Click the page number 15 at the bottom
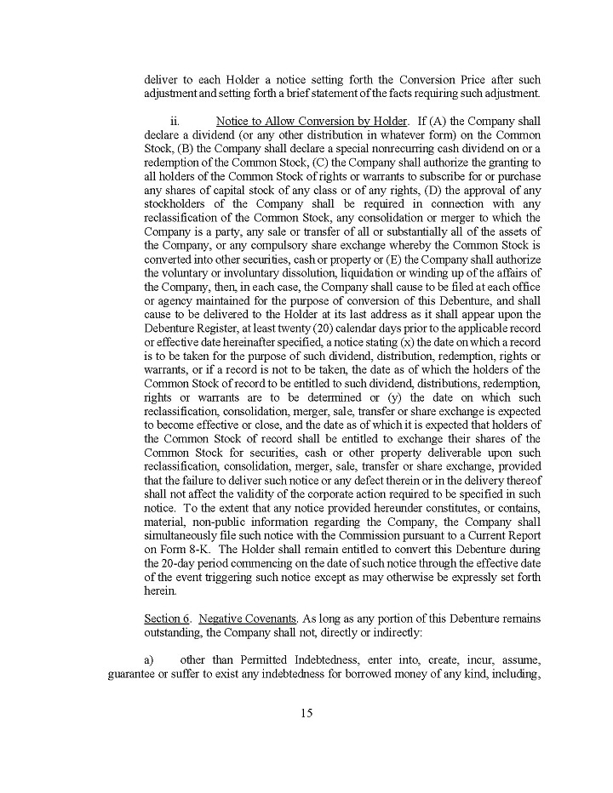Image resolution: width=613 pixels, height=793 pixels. [x=306, y=713]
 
